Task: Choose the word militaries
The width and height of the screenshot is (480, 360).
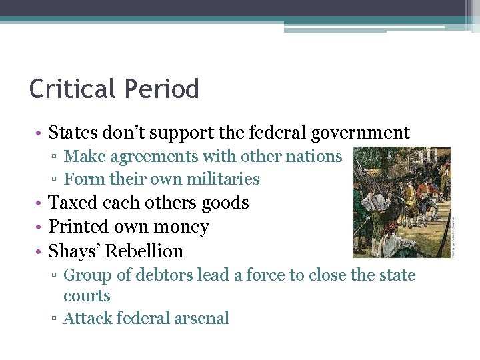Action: click(220, 179)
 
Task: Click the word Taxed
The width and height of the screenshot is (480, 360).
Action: click(72, 203)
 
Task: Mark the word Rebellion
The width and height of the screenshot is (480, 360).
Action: click(145, 251)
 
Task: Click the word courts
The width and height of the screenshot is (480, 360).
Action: click(87, 297)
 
